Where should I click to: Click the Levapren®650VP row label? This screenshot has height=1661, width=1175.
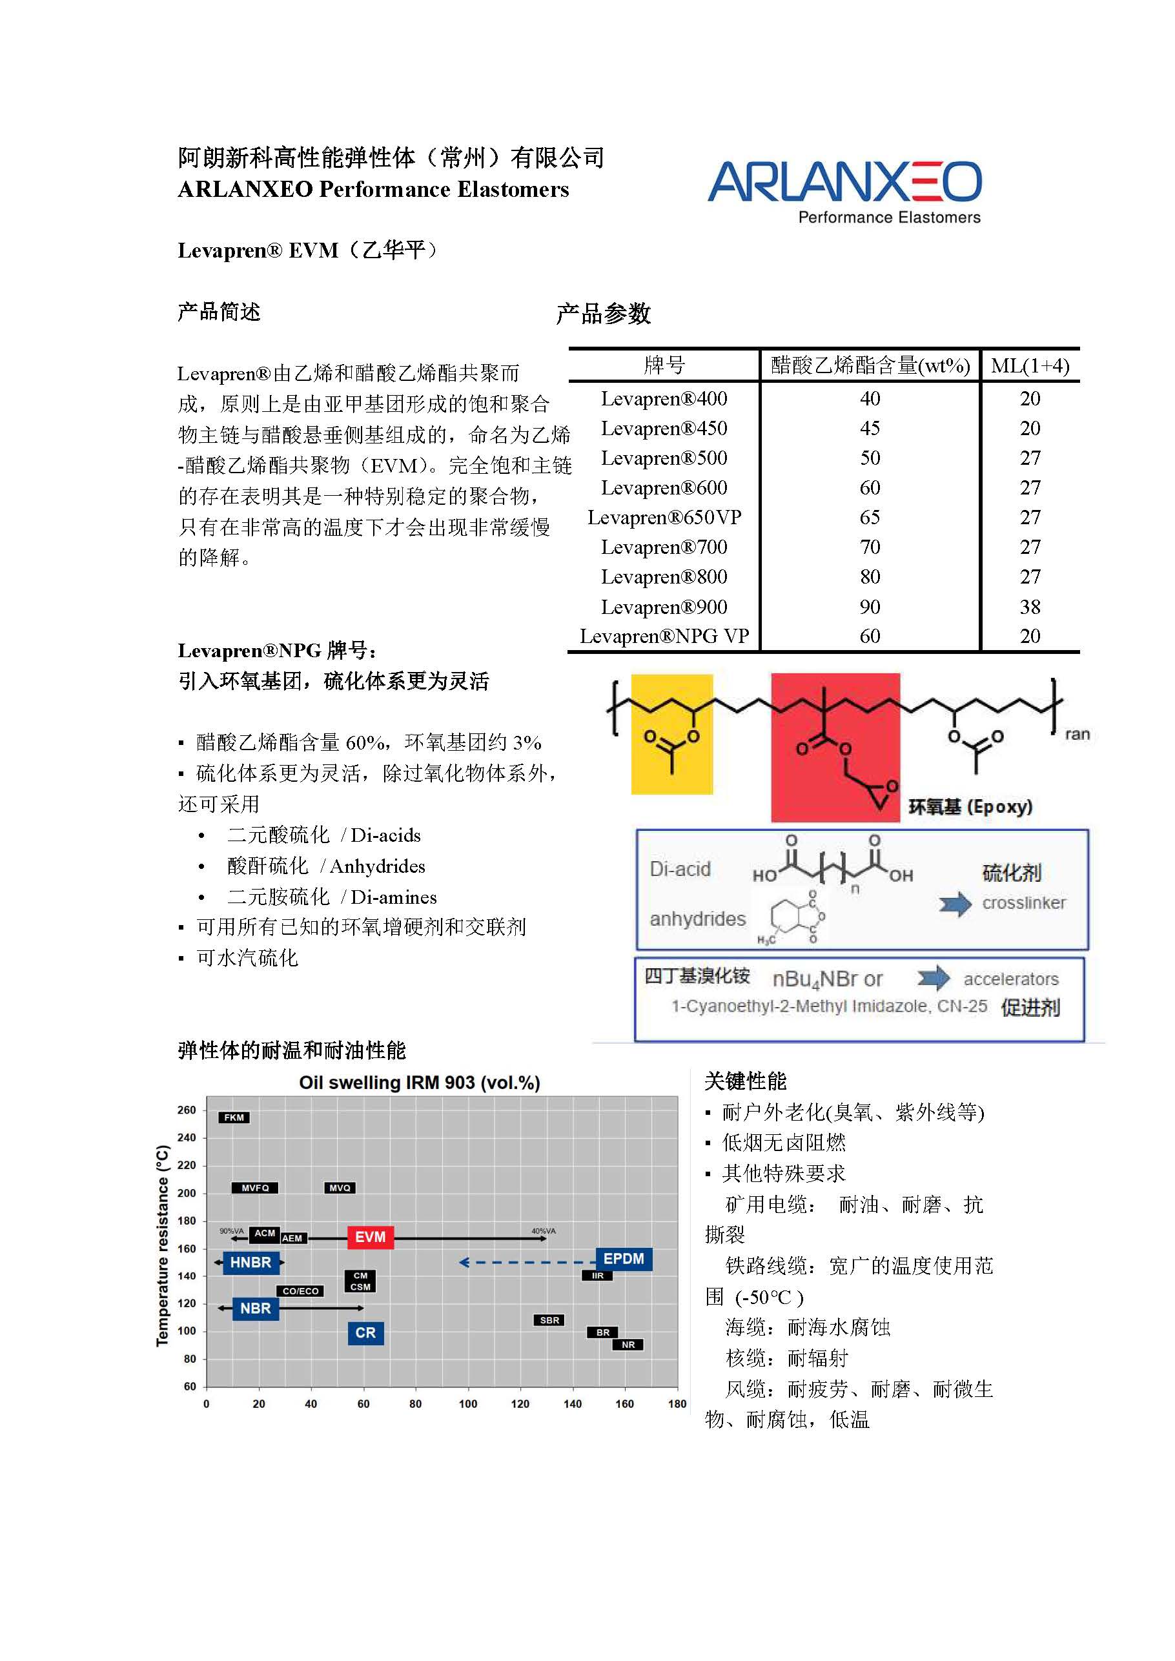664,517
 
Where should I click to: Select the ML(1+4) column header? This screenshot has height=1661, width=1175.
1030,365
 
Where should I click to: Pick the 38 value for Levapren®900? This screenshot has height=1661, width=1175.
1030,606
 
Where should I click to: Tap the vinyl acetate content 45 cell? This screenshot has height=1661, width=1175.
870,428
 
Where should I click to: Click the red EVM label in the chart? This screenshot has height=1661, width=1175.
371,1237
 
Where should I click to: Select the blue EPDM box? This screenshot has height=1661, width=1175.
624,1259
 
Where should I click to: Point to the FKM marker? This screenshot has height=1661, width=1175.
234,1117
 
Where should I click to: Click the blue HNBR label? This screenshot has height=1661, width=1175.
250,1263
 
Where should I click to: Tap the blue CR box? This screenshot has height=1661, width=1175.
365,1332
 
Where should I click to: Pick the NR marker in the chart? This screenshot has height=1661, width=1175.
628,1345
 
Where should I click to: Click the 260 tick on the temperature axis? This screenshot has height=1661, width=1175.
187,1110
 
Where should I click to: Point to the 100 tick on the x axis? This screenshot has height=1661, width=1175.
468,1403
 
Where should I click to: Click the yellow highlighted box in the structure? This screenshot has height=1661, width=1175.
672,734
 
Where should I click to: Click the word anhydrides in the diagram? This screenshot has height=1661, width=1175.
697,919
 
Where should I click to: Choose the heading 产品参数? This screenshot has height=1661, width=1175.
604,314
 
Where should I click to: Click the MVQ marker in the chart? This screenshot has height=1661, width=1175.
340,1188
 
